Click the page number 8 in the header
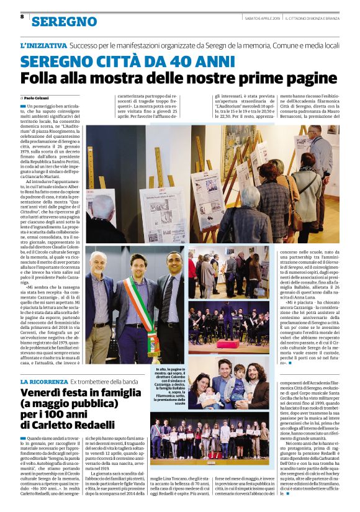click(x=22, y=17)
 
